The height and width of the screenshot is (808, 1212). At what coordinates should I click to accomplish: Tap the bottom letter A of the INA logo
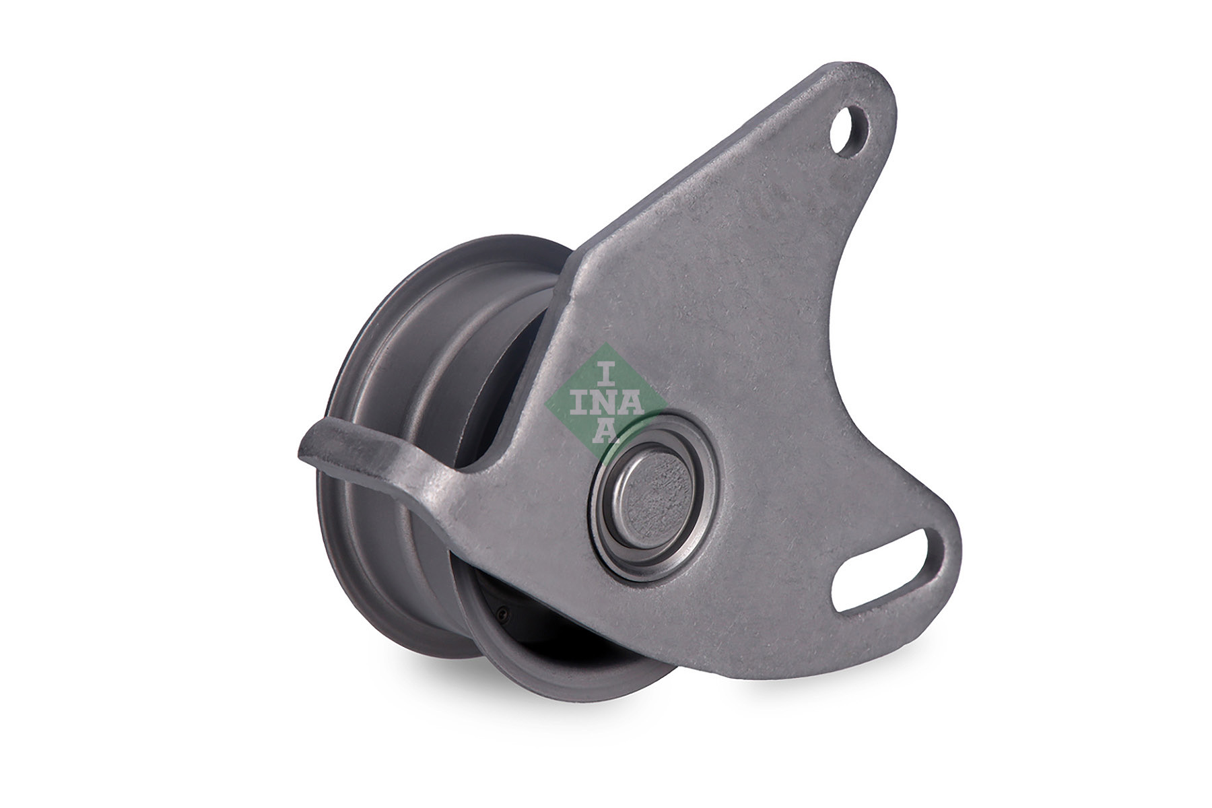click(605, 432)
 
